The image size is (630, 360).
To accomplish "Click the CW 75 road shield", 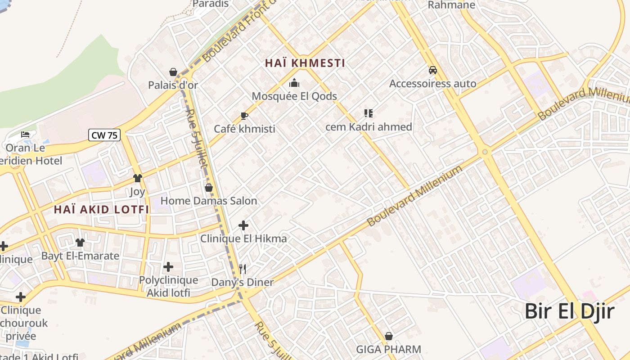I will pyautogui.click(x=104, y=135).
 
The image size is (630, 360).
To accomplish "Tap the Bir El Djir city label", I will pyautogui.click(x=570, y=311).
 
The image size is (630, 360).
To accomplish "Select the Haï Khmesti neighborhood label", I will pyautogui.click(x=305, y=63).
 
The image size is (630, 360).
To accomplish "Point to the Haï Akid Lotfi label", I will pyautogui.click(x=101, y=209).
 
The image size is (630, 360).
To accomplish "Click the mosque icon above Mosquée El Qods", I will pyautogui.click(x=294, y=83).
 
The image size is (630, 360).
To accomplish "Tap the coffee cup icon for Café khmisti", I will pyautogui.click(x=244, y=116).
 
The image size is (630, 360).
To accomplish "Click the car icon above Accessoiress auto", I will pyautogui.click(x=432, y=70).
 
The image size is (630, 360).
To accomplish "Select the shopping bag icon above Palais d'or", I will pyautogui.click(x=173, y=72).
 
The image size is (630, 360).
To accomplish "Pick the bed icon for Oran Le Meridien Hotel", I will pyautogui.click(x=25, y=135).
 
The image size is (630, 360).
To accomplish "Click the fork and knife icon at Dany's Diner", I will pyautogui.click(x=243, y=269).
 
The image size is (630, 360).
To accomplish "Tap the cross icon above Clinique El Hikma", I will pyautogui.click(x=243, y=225).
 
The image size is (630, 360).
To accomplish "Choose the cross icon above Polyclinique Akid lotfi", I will pyautogui.click(x=168, y=267).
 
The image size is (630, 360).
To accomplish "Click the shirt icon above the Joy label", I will pyautogui.click(x=137, y=178).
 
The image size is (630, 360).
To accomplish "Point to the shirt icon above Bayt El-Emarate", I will pyautogui.click(x=80, y=243).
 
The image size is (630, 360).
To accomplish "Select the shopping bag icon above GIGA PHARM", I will pyautogui.click(x=389, y=336).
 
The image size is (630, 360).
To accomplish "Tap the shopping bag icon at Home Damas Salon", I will pyautogui.click(x=208, y=187).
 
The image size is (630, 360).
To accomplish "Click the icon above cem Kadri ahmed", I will pyautogui.click(x=369, y=113).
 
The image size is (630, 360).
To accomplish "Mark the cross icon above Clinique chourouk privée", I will pyautogui.click(x=21, y=297).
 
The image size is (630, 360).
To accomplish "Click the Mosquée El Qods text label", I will pyautogui.click(x=294, y=96).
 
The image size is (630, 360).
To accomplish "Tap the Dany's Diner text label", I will pyautogui.click(x=243, y=282).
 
